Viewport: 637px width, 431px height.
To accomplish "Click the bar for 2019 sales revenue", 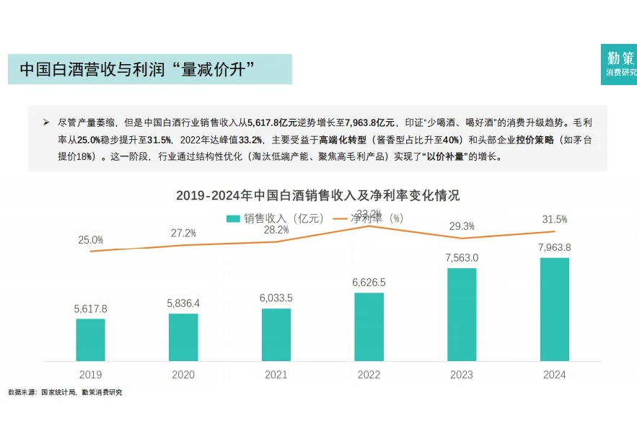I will point(90,339).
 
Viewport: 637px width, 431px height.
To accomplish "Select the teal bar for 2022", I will point(369,326).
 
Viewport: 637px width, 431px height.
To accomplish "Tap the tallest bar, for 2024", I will point(554,309).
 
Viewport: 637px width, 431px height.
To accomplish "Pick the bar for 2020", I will point(183,337).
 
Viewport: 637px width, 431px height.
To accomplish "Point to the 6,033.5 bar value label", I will point(276,298).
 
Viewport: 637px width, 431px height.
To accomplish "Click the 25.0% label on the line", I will point(91,240).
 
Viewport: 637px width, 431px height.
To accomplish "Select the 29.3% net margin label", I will point(462,226).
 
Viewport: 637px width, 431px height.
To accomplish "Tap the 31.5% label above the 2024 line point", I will point(554,219).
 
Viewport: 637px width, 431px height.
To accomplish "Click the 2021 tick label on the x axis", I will point(276,375).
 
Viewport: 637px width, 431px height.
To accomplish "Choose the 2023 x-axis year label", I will point(462,375).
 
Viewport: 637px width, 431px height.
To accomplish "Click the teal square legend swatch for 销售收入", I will point(232,218).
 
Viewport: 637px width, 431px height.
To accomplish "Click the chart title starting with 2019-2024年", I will point(317,195).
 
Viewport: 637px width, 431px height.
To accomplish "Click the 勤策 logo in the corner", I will point(620,64).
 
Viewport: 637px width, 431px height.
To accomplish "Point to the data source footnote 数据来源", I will point(65,393).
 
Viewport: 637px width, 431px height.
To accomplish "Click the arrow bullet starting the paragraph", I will point(46,123).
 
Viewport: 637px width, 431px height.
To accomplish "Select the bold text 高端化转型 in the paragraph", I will point(343,140).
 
